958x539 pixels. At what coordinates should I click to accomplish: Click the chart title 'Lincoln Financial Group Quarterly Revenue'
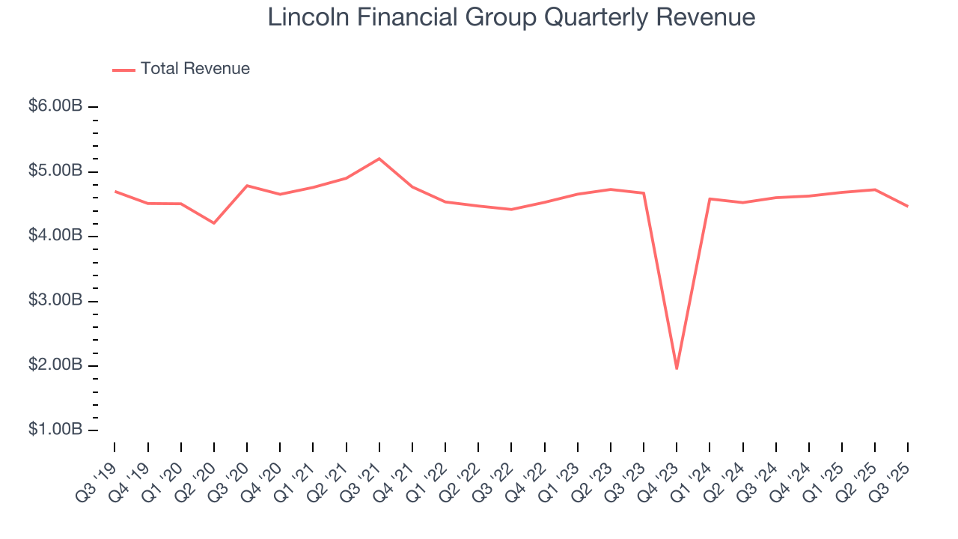click(x=511, y=17)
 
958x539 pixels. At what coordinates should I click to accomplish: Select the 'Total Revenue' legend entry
click(x=195, y=69)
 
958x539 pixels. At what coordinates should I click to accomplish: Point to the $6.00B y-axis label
click(x=55, y=106)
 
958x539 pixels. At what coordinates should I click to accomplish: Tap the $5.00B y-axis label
click(x=55, y=171)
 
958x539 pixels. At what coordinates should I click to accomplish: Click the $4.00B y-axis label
click(x=55, y=236)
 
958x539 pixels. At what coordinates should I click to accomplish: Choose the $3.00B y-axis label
click(x=55, y=301)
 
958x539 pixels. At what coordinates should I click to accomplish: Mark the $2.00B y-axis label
click(x=55, y=365)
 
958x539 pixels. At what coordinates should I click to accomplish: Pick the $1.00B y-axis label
click(x=55, y=430)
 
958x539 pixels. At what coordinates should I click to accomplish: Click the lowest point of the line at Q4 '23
click(x=677, y=368)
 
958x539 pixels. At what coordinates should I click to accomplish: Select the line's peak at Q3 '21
click(x=379, y=159)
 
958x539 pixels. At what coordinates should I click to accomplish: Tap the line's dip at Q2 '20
click(x=214, y=223)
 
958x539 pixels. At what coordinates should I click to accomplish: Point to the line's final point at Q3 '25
click(x=908, y=206)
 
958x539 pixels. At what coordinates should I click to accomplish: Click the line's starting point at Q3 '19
click(x=115, y=191)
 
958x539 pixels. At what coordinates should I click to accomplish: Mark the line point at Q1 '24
click(x=710, y=198)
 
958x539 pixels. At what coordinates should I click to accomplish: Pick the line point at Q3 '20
click(x=247, y=185)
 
